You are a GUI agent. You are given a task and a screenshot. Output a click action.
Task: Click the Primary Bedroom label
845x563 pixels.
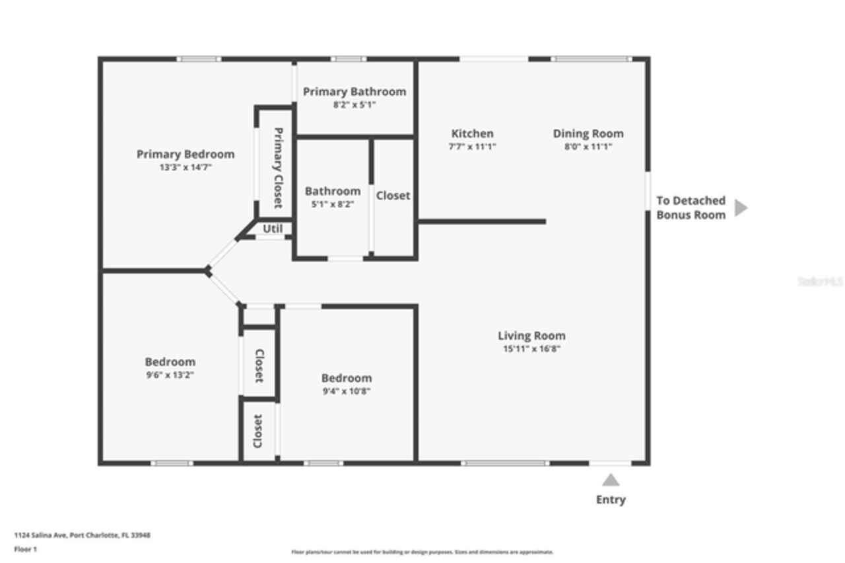pyautogui.click(x=186, y=155)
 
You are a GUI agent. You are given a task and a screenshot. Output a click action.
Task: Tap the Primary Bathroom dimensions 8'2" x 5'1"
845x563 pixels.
pyautogui.click(x=355, y=104)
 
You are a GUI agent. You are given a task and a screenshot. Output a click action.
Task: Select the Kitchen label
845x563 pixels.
pyautogui.click(x=472, y=133)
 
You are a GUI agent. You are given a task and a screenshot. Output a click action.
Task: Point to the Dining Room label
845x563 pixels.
pyautogui.click(x=588, y=133)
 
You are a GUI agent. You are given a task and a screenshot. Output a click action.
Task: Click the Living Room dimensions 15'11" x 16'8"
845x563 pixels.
pyautogui.click(x=531, y=348)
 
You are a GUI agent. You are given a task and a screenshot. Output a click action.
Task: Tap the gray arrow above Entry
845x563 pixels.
pyautogui.click(x=611, y=480)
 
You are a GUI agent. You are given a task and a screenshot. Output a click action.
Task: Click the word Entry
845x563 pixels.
pyautogui.click(x=611, y=500)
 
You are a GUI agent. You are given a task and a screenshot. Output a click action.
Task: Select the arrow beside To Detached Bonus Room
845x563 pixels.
pyautogui.click(x=741, y=207)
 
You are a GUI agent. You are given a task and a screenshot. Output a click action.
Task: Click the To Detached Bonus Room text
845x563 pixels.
pyautogui.click(x=691, y=207)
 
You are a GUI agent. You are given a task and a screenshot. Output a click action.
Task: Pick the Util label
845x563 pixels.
pyautogui.click(x=273, y=229)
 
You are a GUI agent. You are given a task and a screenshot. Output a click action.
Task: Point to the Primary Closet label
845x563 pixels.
pyautogui.click(x=278, y=167)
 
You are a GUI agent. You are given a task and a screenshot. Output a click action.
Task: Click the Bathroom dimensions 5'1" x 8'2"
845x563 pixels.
pyautogui.click(x=333, y=204)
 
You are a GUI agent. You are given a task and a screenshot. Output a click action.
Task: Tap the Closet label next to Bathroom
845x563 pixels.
pyautogui.click(x=393, y=196)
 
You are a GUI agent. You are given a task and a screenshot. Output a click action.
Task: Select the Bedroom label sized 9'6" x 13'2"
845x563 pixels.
pyautogui.click(x=170, y=362)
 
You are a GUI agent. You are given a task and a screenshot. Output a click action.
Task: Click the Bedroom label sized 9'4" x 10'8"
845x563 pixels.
pyautogui.click(x=347, y=378)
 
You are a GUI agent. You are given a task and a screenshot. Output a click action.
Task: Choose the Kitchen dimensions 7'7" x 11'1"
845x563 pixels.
pyautogui.click(x=472, y=147)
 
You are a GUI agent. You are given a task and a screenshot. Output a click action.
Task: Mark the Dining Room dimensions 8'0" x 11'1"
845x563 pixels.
pyautogui.click(x=588, y=147)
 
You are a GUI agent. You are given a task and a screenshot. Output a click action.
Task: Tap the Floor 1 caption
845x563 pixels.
pyautogui.click(x=25, y=549)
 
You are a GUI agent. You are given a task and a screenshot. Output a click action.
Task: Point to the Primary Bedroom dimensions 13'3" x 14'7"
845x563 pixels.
pyautogui.click(x=186, y=168)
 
